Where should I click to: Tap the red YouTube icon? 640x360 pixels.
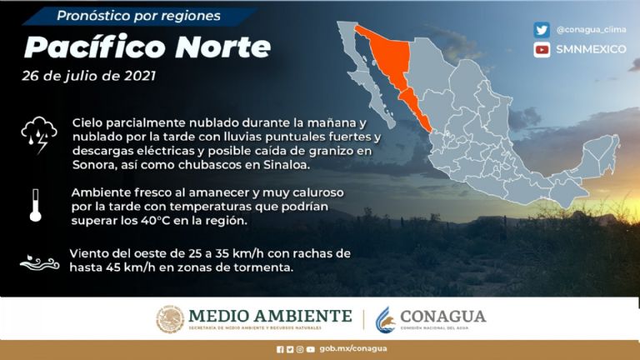click(x=542, y=49)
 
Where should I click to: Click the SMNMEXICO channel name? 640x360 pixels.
click(x=591, y=49)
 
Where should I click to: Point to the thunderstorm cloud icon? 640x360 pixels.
click(x=38, y=132)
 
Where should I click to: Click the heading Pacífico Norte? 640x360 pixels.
click(x=147, y=47)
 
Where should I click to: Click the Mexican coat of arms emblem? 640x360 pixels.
click(x=170, y=319)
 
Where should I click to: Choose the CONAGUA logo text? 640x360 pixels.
click(x=442, y=317)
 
